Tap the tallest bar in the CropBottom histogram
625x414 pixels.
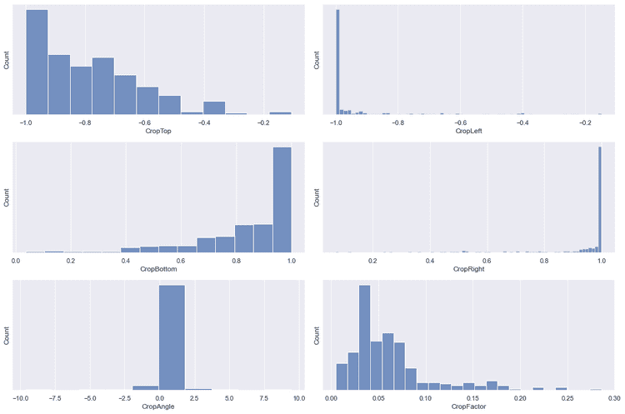tap(282, 200)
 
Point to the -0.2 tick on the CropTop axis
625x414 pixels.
tap(263, 122)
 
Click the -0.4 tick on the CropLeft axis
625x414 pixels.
tap(522, 122)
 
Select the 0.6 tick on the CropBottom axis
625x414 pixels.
tap(181, 260)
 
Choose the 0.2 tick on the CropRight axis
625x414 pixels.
tap(372, 260)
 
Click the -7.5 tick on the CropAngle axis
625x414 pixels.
tap(55, 397)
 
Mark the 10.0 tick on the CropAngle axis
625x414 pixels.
tap(297, 397)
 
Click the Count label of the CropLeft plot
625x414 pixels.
tap(317, 60)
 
